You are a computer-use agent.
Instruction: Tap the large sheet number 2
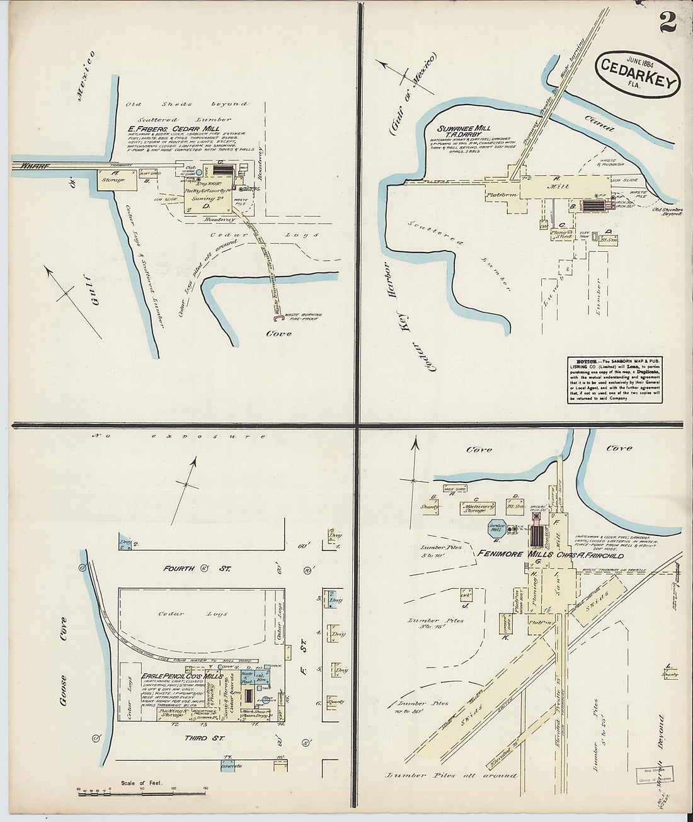[668, 23]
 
